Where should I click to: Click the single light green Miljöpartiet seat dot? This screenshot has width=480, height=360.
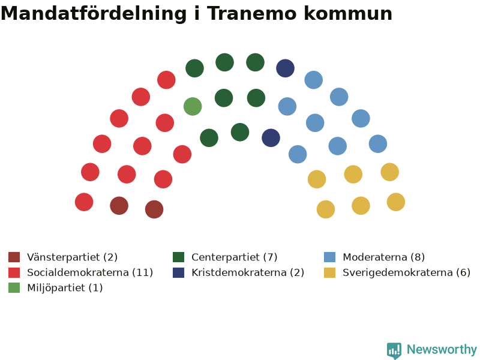pos(193,107)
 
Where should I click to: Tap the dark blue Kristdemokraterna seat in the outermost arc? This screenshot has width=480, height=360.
pos(286,68)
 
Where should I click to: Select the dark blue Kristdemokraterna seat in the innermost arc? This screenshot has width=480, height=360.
pos(271,138)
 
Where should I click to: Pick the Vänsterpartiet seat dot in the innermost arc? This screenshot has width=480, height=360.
pos(154,209)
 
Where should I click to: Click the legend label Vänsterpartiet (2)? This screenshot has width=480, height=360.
pos(72,257)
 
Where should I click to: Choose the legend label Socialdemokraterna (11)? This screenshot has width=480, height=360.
pos(90,272)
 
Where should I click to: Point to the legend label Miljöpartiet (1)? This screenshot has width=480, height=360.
pos(65,288)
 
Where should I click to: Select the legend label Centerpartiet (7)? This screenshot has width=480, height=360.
pos(235,257)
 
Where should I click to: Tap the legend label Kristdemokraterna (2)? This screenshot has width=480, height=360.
pos(248,272)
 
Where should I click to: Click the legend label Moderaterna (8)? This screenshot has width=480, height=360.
pos(384,257)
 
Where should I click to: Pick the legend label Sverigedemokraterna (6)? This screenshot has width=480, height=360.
pos(407,272)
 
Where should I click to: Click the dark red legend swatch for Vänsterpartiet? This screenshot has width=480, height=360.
pos(14,257)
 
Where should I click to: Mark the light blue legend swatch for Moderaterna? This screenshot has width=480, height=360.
pos(329,257)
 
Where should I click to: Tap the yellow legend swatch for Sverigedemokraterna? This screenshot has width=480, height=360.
pos(329,272)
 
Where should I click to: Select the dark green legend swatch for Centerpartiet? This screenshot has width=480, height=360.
pos(178,257)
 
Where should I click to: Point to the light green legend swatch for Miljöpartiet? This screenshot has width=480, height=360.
pos(14,288)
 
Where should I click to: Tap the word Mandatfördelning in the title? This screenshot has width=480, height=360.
pos(94,14)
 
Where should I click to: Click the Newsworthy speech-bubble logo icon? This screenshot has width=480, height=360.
pos(394,350)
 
